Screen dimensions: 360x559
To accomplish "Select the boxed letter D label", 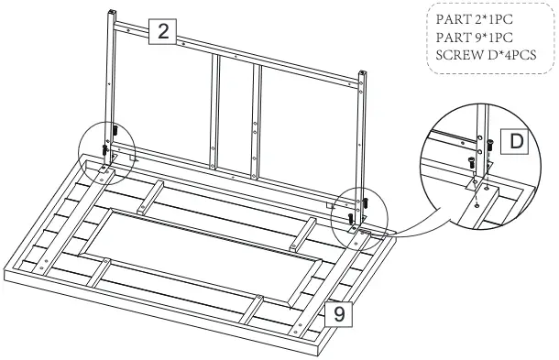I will [516, 142].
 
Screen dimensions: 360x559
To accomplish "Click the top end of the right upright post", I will [367, 72].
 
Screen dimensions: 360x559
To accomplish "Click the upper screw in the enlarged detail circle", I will [489, 144].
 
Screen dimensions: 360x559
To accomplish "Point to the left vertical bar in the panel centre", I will [216, 110].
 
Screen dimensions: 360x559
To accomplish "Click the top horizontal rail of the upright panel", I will [238, 54].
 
